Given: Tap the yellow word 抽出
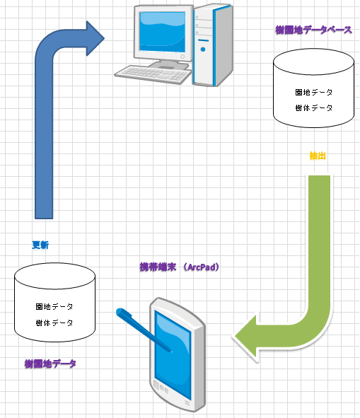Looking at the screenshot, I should click(x=318, y=156).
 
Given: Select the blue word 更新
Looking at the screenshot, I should click(x=40, y=245).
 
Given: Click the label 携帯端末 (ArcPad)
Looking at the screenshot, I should click(x=182, y=267).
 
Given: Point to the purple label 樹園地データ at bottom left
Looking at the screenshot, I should click(x=50, y=364).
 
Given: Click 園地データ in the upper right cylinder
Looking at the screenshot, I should click(x=313, y=93).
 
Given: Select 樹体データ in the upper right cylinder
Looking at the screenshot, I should click(x=313, y=108).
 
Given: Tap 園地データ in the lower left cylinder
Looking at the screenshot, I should click(x=54, y=307).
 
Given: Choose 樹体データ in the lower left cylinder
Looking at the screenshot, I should click(x=54, y=323).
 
